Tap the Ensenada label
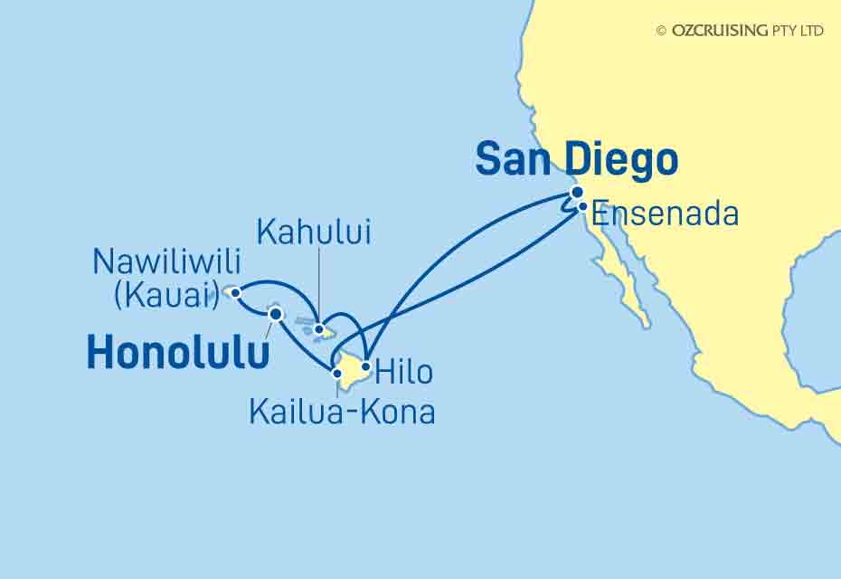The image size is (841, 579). click(x=665, y=214)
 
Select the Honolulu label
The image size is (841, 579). click(x=177, y=354)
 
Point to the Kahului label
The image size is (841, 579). click(x=314, y=233)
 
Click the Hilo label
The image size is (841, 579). click(x=403, y=372)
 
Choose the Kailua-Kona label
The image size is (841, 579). click(x=342, y=413)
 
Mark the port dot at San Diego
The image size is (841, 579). click(x=577, y=192)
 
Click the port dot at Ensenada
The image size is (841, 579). click(x=583, y=206)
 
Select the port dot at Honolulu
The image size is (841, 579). click(x=276, y=314)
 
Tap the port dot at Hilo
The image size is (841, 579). click(x=365, y=367)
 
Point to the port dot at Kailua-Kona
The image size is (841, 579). click(x=337, y=372)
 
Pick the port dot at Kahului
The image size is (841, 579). click(x=319, y=329)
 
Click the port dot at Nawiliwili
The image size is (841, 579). click(x=235, y=292)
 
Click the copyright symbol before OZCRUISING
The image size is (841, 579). click(x=661, y=31)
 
